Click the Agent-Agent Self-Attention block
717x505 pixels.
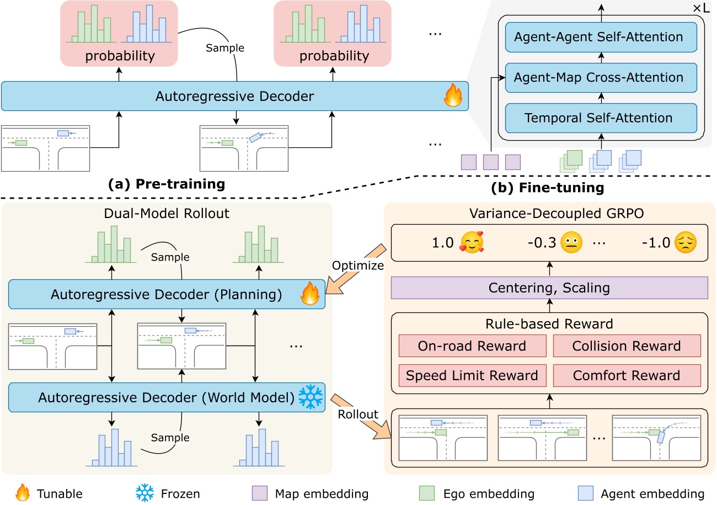coord(598,38)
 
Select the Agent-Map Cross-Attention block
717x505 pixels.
coord(598,78)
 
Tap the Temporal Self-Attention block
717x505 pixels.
coord(598,118)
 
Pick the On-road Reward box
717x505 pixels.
coord(472,346)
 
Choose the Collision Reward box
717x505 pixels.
coord(627,346)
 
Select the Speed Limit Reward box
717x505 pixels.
coord(472,376)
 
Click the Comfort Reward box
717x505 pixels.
coord(627,376)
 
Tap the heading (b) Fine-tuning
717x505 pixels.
coord(548,188)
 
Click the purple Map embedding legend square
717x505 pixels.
coord(259,493)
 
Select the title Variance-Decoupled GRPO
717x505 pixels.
coord(549,214)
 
